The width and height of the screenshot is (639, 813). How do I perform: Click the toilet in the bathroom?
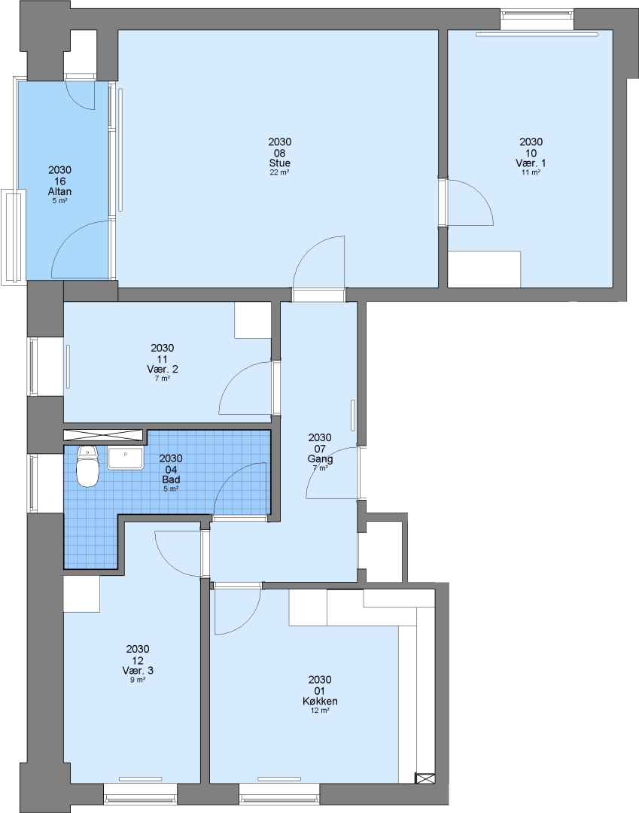87,467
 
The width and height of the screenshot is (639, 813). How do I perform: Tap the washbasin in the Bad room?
126,459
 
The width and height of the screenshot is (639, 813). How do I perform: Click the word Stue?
279,163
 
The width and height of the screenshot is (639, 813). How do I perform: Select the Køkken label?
320,701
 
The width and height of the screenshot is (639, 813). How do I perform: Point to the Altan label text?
59,192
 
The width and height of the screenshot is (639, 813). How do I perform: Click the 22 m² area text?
279,172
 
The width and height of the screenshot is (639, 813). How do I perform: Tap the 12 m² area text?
320,711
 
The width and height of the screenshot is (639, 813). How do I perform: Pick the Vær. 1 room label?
531,163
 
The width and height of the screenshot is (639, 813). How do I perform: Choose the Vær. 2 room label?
163,369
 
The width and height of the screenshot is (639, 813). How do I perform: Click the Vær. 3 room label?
137,671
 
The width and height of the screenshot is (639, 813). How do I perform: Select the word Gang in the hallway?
320,459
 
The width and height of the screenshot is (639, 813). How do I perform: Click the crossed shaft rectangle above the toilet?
102,434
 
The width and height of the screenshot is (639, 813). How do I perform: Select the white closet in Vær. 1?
484,269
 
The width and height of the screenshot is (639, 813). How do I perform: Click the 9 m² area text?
137,680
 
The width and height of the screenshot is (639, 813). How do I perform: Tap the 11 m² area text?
531,172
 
